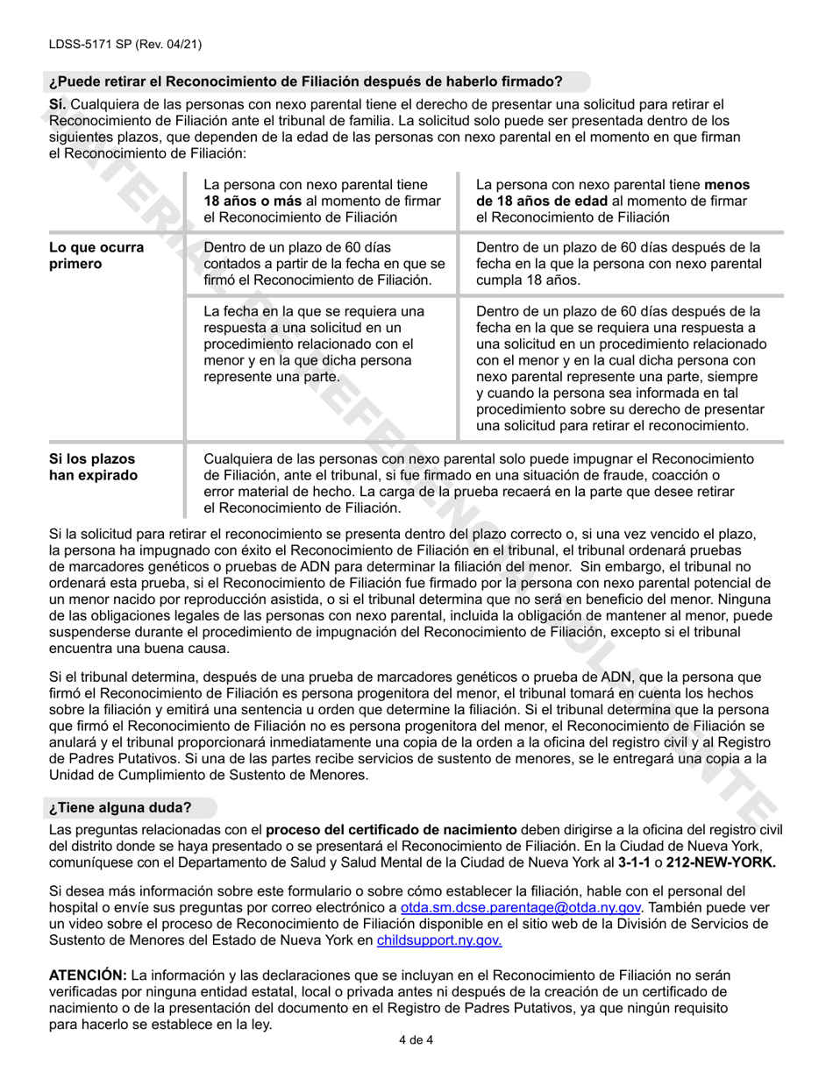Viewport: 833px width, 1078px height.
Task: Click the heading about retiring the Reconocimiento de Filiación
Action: pos(305,82)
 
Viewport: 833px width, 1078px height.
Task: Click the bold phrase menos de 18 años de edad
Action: pos(611,194)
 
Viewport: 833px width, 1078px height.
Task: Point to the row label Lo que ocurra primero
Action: pos(96,256)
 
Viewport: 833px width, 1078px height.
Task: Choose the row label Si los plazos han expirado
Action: pos(93,467)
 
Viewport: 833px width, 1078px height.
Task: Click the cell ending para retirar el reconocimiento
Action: pos(617,369)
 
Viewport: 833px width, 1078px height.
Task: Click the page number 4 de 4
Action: pos(416,1040)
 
